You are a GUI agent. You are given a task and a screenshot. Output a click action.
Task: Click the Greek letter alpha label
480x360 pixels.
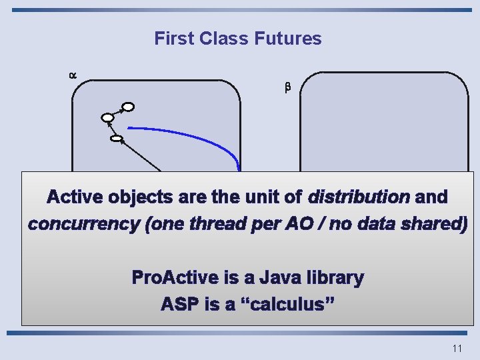point(73,76)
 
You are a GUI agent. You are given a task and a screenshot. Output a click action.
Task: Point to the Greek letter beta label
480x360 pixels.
point(288,87)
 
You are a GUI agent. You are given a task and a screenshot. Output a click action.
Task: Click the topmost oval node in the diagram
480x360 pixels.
point(128,106)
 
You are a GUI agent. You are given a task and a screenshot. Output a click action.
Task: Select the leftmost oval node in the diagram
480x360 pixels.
point(108,119)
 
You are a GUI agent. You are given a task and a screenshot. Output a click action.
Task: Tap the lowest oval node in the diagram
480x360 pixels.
point(117,139)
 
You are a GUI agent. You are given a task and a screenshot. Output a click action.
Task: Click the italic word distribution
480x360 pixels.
point(359,198)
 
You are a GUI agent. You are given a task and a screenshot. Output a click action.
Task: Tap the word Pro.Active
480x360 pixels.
point(173,277)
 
